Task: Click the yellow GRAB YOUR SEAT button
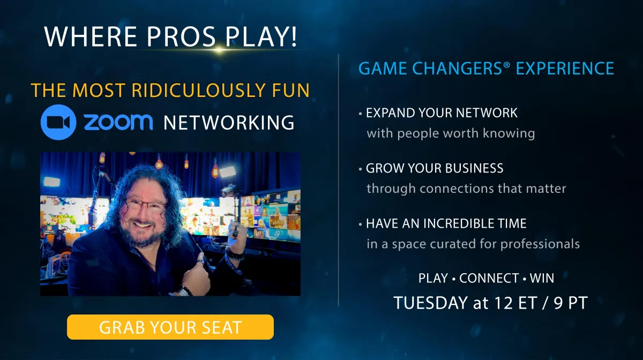click(170, 327)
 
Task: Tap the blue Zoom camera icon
click(58, 122)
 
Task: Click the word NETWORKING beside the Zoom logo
click(229, 123)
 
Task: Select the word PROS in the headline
click(181, 37)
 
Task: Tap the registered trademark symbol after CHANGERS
click(506, 65)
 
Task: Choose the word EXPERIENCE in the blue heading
click(565, 69)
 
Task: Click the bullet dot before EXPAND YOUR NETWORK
click(360, 114)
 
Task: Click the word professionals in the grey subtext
click(540, 244)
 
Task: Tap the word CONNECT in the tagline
click(489, 278)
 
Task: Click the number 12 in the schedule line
click(504, 303)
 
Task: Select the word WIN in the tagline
click(542, 278)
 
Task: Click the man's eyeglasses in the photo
click(146, 205)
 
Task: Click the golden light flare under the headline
click(219, 50)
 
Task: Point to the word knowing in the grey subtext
click(509, 133)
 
